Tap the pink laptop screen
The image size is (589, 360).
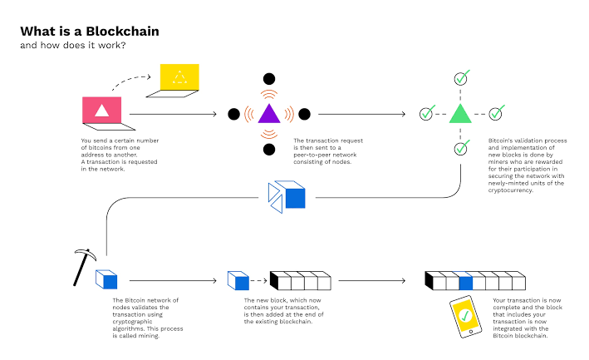[102, 110]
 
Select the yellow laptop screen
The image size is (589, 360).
[179, 77]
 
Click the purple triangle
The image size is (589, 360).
[269, 114]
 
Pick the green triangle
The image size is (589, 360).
[460, 114]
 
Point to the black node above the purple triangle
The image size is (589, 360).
[269, 79]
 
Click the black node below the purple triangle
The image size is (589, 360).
[269, 149]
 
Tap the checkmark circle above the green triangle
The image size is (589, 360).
[462, 78]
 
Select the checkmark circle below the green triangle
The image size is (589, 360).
[462, 148]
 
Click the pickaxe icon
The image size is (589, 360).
[84, 267]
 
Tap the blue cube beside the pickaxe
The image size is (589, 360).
[106, 279]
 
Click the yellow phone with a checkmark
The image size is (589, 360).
[466, 317]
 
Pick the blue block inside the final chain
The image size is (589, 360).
[465, 281]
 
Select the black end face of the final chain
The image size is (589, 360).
[429, 280]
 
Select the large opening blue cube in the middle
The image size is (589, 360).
[287, 197]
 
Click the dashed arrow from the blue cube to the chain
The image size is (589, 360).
[258, 280]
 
